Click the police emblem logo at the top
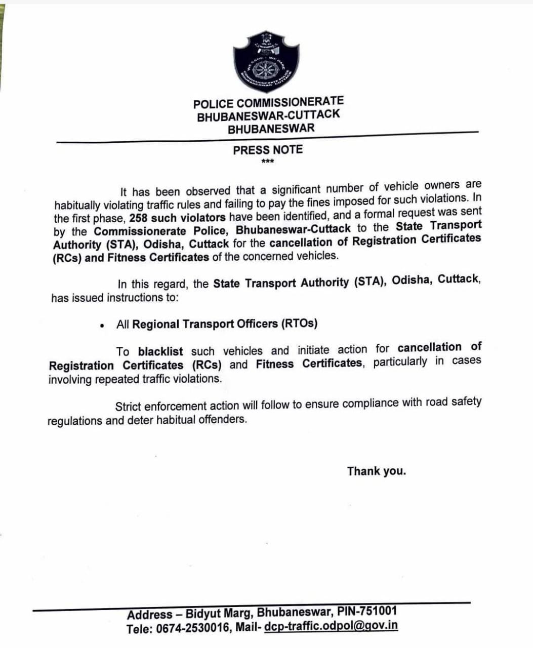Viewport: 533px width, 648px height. [x=266, y=62]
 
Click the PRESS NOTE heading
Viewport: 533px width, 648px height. [x=268, y=150]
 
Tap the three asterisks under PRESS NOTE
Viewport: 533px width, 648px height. [x=268, y=162]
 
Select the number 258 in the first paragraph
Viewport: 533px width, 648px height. [x=138, y=218]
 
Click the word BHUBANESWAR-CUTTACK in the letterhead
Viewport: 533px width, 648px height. [x=268, y=115]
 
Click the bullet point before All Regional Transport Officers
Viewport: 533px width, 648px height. [x=103, y=326]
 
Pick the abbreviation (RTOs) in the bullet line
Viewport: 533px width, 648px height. [x=299, y=323]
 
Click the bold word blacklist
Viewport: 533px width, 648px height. [x=160, y=351]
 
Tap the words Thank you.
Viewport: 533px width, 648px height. [x=376, y=471]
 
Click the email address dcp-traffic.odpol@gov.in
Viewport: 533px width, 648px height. [x=331, y=625]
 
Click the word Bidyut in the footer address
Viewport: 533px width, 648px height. [x=203, y=614]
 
